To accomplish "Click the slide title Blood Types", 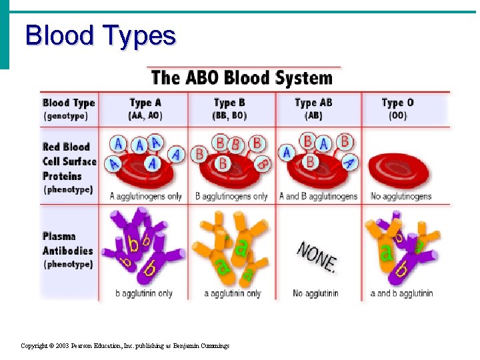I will coord(100,35).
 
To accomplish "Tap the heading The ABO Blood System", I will coord(241,77).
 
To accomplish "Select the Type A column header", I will coord(145,109).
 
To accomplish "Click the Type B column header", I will coord(230,109).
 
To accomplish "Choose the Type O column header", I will coord(397,109).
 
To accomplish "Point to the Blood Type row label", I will coord(69,109).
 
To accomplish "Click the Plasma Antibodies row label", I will coord(67,250).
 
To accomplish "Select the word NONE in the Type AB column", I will coord(317,255).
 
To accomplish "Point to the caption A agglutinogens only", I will coord(146,196).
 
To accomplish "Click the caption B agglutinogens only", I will coord(231,196).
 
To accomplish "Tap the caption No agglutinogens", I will coord(401,196).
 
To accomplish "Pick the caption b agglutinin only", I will coord(144,293).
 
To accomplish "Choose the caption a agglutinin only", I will coord(233,293).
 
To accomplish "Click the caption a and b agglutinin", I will coord(401,293).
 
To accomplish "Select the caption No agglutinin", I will coord(315,293).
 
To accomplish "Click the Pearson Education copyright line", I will coord(125,346).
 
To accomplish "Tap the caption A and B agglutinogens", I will coord(317,196).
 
